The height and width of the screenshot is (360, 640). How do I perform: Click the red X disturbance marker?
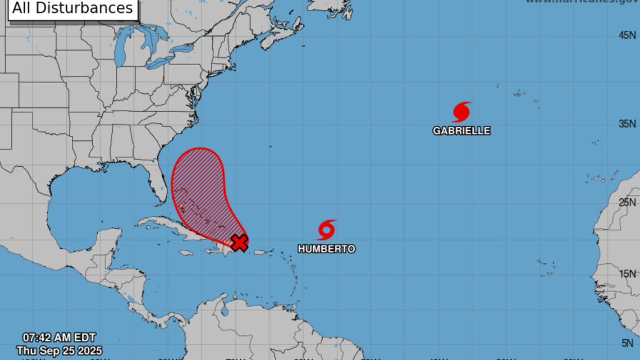[x=240, y=243]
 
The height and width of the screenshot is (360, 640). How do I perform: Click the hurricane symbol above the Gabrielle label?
[x=461, y=112]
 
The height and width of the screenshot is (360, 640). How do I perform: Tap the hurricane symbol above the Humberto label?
[x=326, y=230]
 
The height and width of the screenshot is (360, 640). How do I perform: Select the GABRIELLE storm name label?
[x=461, y=131]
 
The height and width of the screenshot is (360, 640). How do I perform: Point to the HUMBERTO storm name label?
[x=326, y=249]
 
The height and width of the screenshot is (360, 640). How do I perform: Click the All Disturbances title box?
[x=73, y=8]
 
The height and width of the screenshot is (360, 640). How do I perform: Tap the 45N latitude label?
[x=627, y=35]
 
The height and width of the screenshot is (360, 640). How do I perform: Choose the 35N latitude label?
[x=627, y=124]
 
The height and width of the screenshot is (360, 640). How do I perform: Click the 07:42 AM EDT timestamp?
[x=59, y=338]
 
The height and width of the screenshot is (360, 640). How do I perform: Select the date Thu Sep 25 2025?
[x=60, y=350]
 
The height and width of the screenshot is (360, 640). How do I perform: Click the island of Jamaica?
[x=185, y=253]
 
